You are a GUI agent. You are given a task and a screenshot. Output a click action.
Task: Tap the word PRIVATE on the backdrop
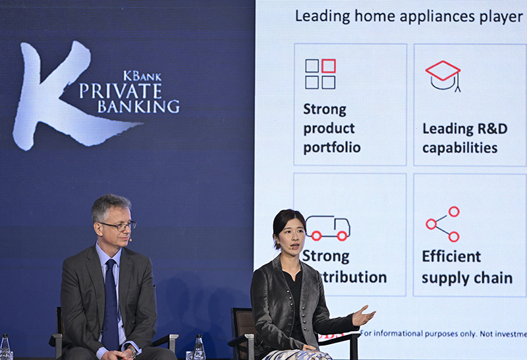pyautogui.click(x=121, y=91)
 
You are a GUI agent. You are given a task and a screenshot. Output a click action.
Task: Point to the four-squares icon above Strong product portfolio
pyautogui.click(x=320, y=74)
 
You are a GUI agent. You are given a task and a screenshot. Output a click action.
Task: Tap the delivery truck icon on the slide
pyautogui.click(x=327, y=227)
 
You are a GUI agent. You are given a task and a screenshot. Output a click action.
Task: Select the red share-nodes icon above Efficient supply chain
pyautogui.click(x=443, y=224)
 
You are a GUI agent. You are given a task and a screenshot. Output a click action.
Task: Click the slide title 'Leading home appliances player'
pyautogui.click(x=408, y=16)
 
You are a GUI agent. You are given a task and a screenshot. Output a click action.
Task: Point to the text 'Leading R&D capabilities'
pyautogui.click(x=464, y=138)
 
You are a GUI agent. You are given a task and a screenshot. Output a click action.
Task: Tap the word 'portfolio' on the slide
pyautogui.click(x=332, y=148)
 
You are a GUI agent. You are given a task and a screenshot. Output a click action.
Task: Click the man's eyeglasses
pyautogui.click(x=118, y=226)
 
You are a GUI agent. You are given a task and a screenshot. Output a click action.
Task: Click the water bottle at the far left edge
pyautogui.click(x=5, y=347)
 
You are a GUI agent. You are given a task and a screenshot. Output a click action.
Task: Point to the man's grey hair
pyautogui.click(x=109, y=205)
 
